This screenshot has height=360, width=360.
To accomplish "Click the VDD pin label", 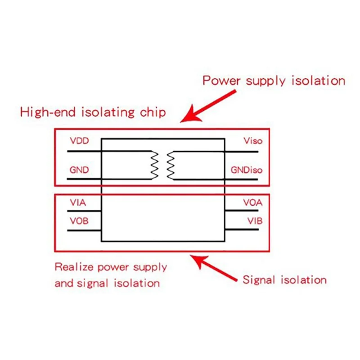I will click(x=79, y=141).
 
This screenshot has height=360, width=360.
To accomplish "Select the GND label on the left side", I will click(x=79, y=170).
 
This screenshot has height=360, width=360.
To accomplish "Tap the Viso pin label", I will click(x=253, y=141).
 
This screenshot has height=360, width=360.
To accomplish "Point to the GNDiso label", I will click(x=246, y=171).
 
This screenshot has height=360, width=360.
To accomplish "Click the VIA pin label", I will click(x=78, y=202).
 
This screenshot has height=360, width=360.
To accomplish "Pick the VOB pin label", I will click(x=79, y=221).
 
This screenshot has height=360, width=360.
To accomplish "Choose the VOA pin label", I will click(x=253, y=202).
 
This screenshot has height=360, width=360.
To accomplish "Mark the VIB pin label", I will click(x=254, y=221).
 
